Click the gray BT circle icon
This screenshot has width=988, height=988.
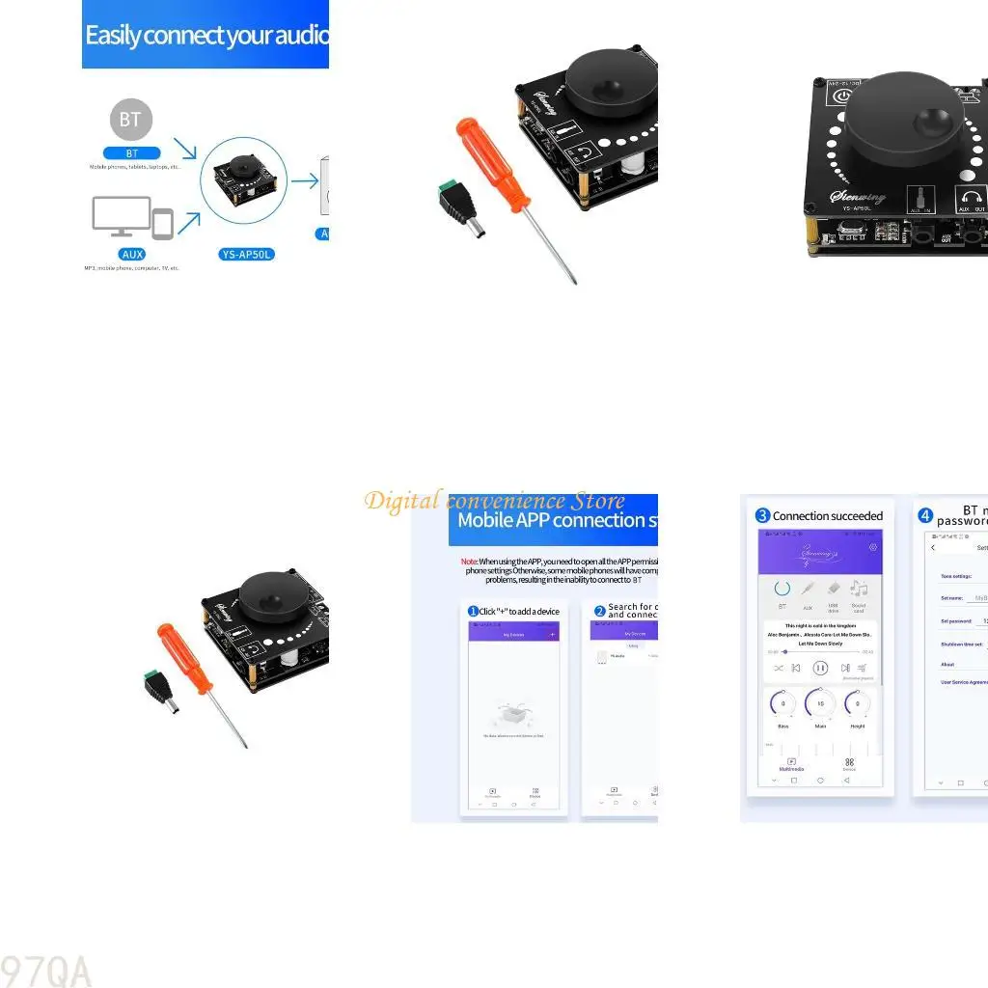click(x=130, y=120)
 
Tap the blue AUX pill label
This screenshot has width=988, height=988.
click(x=132, y=254)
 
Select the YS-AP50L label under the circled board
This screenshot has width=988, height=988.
click(x=243, y=254)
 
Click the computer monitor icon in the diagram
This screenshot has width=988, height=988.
click(x=121, y=216)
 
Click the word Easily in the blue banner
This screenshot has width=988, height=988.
click(x=113, y=36)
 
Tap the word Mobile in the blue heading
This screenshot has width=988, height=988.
click(x=490, y=520)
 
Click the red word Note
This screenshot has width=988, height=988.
click(x=469, y=561)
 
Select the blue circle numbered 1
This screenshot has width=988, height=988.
click(x=473, y=611)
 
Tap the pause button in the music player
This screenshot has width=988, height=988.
click(x=820, y=667)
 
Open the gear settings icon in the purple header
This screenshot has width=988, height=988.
click(x=873, y=546)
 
